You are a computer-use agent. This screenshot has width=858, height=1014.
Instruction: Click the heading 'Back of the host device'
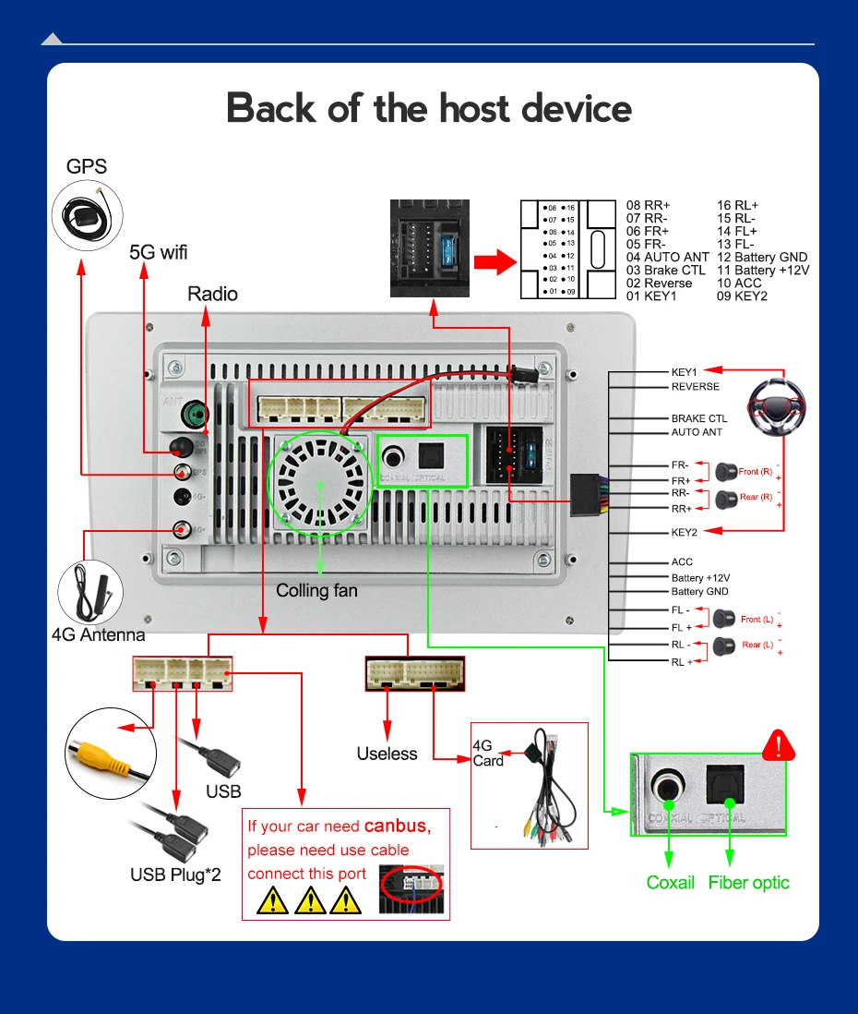point(429,108)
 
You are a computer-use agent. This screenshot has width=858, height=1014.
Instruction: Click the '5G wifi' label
point(158,252)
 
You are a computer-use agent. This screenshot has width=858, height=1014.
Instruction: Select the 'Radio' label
point(212,294)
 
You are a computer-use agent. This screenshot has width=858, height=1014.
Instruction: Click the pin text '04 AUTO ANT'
point(667,257)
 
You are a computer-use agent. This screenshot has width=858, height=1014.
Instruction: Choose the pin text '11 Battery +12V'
point(762,270)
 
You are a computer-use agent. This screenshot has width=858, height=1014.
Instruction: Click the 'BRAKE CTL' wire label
point(698,418)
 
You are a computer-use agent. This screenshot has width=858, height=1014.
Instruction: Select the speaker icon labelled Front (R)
point(726,473)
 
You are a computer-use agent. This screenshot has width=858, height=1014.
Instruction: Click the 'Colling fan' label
point(316,589)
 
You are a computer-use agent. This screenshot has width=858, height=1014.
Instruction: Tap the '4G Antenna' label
point(98,634)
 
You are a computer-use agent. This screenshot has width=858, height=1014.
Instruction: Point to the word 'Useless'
point(387,754)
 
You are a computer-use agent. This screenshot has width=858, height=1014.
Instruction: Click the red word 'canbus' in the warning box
point(397,825)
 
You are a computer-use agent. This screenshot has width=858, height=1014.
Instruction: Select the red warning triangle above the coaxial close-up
point(780,744)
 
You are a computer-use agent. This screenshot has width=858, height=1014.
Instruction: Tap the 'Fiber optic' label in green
point(748,882)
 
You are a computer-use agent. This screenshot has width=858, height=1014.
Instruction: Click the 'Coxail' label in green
point(670,882)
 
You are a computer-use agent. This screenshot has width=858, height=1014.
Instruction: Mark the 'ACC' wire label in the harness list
point(682,561)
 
